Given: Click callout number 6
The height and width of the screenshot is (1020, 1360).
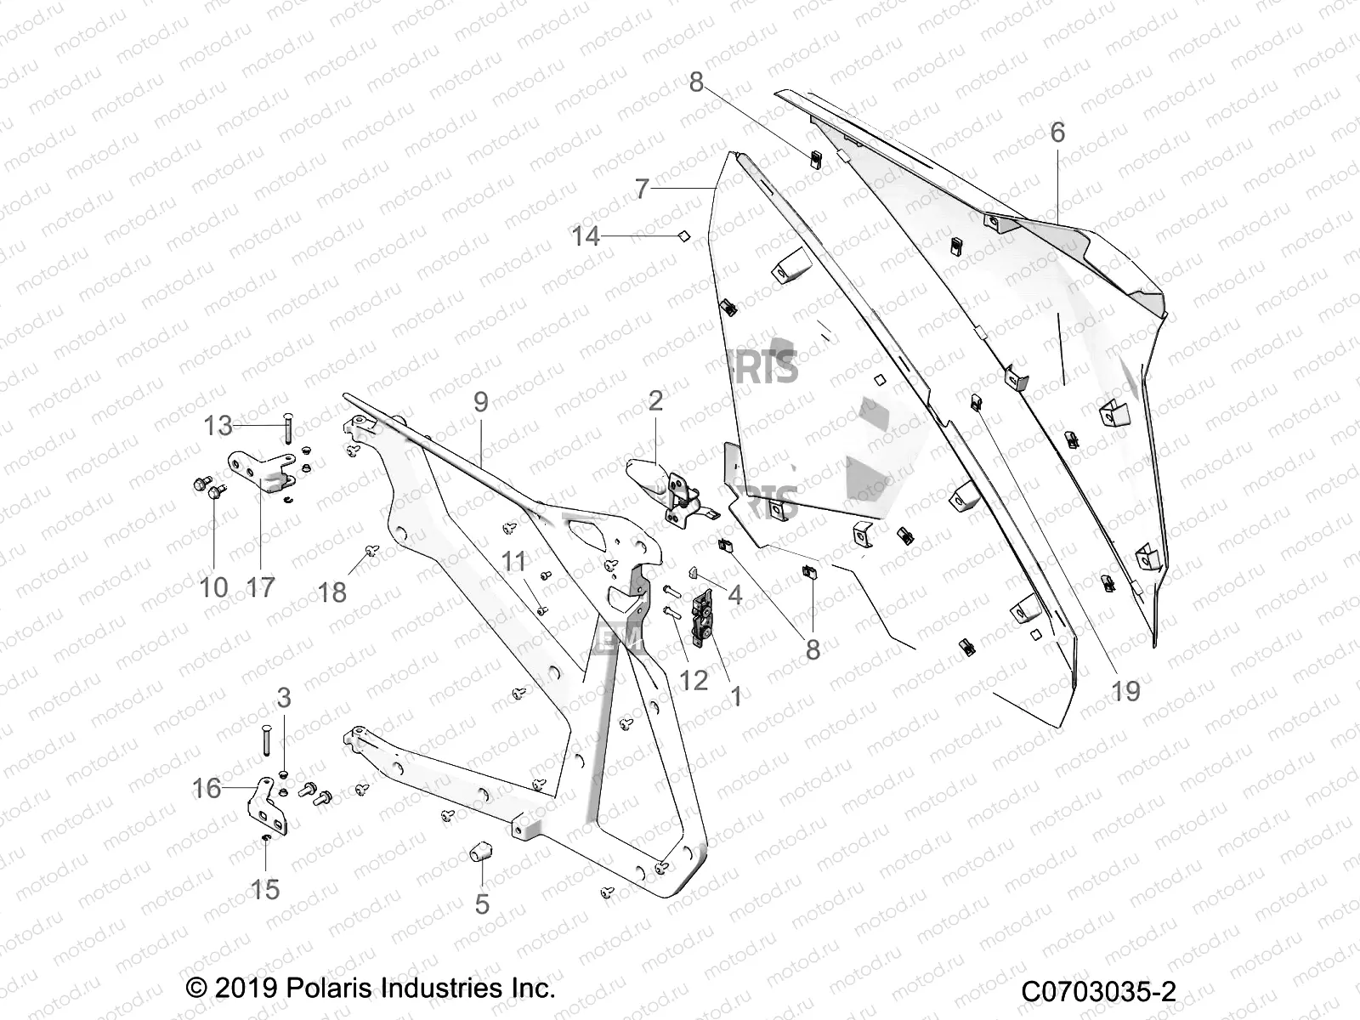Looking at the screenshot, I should tap(1057, 133).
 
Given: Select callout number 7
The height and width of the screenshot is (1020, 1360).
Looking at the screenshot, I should tap(642, 188).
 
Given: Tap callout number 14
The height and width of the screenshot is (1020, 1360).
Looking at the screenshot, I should tap(586, 236).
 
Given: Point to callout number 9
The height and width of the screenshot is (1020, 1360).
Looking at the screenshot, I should tap(481, 402).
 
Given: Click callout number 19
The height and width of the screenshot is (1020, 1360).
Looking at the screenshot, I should tap(1125, 690).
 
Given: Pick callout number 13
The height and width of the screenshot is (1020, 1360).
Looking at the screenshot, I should tap(218, 424).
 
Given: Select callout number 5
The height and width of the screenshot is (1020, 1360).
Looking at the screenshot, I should tap(482, 904).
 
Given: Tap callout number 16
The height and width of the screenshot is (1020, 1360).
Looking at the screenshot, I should tap(207, 788).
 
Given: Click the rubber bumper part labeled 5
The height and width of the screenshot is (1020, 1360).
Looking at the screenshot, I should tap(483, 850).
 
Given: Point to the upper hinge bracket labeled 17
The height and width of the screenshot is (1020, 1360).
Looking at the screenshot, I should tap(259, 473).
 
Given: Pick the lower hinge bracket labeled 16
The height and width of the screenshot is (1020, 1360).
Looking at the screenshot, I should tap(270, 808).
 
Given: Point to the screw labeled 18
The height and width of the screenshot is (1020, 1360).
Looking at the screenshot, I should tap(371, 551).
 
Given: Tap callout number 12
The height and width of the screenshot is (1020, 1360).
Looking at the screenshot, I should tap(694, 680).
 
